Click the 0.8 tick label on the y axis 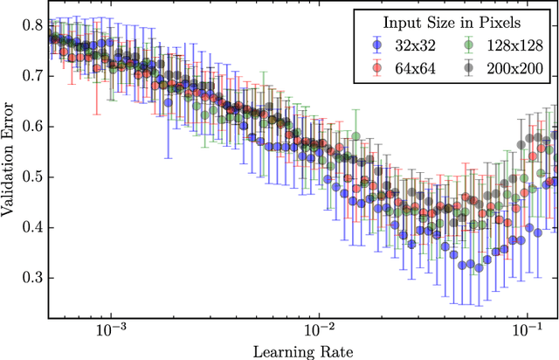coord(31,24)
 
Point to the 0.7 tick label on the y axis coord(31,75)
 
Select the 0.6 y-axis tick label coord(31,126)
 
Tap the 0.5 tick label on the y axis coord(31,177)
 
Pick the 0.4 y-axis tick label coord(31,227)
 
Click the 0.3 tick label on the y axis coord(31,278)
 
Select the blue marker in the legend coord(376,46)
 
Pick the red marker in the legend coord(376,67)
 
